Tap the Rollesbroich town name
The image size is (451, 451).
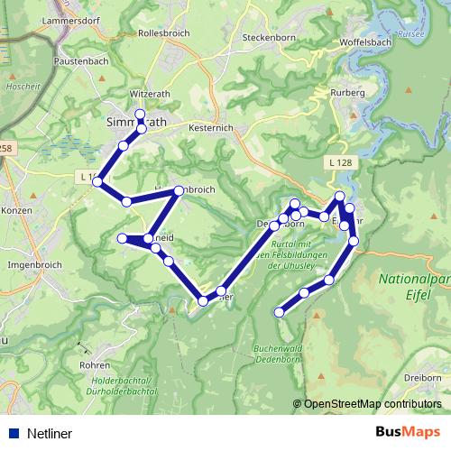pyautogui.click(x=165, y=32)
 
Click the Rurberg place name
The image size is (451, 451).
pyautogui.click(x=347, y=92)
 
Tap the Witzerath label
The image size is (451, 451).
pyautogui.click(x=150, y=93)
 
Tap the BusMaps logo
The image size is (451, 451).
pyautogui.click(x=409, y=432)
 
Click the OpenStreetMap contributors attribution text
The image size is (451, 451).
pyautogui.click(x=373, y=405)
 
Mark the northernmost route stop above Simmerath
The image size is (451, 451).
pyautogui.click(x=140, y=114)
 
